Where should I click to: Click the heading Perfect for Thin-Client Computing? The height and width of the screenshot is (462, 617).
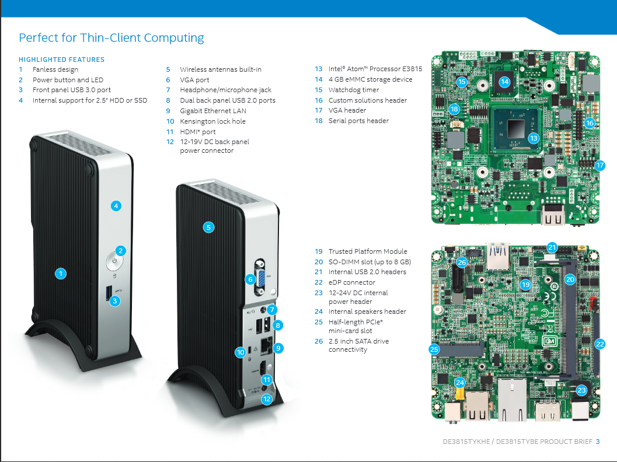coord(111,38)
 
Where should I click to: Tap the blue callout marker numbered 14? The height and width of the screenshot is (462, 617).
coord(504,82)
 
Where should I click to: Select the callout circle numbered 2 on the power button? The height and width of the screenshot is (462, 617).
coord(120,251)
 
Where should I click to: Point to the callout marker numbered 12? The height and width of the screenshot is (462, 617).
coord(267,400)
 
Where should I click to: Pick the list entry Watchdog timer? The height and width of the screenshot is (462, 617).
coord(353,90)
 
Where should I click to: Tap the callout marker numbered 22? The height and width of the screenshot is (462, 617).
coord(599,344)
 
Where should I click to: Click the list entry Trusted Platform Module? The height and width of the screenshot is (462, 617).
coord(367,251)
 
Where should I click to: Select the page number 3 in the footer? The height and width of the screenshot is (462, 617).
coord(598,442)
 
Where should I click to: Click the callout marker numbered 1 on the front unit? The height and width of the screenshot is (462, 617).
coord(60,273)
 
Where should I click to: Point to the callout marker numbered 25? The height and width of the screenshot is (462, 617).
coord(433,349)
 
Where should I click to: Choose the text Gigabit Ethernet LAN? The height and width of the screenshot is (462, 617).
coord(212,111)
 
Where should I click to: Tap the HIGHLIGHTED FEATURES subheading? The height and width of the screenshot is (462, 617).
coord(61,60)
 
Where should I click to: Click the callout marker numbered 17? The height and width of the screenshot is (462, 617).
coord(599,165)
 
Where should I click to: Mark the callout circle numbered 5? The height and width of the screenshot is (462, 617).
coord(208,228)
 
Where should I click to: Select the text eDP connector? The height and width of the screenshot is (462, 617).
coord(351,282)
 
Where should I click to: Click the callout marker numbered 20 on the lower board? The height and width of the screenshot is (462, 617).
coord(570,279)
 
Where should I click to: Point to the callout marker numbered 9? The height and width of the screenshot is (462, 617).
coord(278,348)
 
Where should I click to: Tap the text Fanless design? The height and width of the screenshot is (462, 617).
coord(55,69)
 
